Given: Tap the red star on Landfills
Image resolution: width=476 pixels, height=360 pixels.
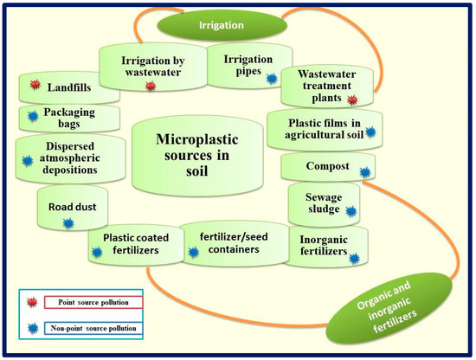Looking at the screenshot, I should coord(35,84).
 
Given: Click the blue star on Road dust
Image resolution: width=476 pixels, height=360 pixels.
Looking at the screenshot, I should coord(67,223).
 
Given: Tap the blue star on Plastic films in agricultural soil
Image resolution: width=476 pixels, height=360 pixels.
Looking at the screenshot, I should coord(372,132).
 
